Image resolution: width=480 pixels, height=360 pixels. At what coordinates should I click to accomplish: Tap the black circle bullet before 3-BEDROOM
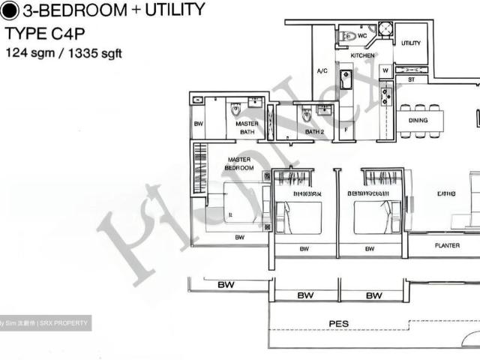pyautogui.click(x=10, y=10)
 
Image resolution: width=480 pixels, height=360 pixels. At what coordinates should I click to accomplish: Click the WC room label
pyautogui.click(x=361, y=34)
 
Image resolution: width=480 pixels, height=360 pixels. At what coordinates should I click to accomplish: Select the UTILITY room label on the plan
pyautogui.click(x=411, y=43)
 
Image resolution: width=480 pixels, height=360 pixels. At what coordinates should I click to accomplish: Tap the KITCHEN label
pyautogui.click(x=363, y=56)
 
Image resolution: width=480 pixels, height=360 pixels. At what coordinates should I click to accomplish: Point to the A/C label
pyautogui.click(x=322, y=71)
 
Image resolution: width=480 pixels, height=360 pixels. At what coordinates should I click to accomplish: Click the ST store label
pyautogui.click(x=411, y=79)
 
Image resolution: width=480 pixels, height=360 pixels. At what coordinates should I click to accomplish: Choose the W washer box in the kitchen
pyautogui.click(x=385, y=71)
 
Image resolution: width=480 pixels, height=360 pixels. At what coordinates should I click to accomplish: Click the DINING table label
pyautogui.click(x=418, y=120)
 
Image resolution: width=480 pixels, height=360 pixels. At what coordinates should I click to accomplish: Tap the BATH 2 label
pyautogui.click(x=313, y=132)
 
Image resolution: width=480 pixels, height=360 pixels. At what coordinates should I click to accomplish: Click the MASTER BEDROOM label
pyautogui.click(x=238, y=163)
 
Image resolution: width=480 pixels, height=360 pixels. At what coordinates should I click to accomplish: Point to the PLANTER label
pyautogui.click(x=448, y=245)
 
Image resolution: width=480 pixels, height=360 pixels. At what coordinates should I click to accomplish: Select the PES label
pyautogui.click(x=338, y=324)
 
